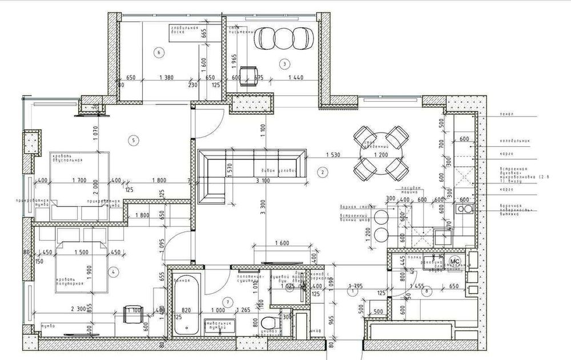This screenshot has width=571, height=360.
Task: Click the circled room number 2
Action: click(323, 171)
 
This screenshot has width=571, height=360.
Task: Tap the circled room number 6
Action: click(159, 53)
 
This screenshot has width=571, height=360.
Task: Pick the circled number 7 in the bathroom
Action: click(227, 301)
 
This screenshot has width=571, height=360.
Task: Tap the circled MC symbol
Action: click(455, 261)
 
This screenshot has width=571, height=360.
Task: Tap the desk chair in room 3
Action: click(248, 74)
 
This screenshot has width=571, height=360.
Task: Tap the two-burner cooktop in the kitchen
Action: click(464, 209)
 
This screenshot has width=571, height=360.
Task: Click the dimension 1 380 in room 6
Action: click(167, 77)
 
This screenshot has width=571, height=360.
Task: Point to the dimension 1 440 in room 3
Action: click(296, 77)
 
